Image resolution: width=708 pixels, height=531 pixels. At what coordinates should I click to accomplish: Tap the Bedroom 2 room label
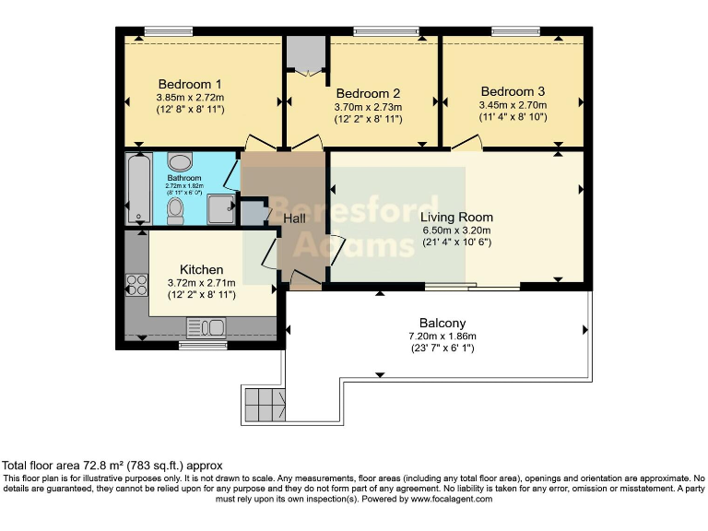368,94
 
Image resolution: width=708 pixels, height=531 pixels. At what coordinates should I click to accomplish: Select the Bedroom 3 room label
513,91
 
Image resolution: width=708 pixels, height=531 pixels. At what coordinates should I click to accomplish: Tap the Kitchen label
201,269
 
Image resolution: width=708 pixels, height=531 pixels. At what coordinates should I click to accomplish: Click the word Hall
294,218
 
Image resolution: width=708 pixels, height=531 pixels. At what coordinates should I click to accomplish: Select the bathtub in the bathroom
138,190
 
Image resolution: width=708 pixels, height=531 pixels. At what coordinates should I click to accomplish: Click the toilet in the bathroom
175,211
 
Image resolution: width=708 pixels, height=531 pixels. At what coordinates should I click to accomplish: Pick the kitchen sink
206,327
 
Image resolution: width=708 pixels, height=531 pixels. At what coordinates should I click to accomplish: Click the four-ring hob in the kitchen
136,285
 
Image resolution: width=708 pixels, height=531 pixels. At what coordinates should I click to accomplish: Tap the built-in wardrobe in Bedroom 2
305,55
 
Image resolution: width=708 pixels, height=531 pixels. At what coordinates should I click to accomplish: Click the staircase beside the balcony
265,403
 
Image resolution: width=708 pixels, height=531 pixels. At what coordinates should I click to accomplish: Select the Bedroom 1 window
168,32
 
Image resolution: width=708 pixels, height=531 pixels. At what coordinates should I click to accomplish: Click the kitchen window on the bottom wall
202,346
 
